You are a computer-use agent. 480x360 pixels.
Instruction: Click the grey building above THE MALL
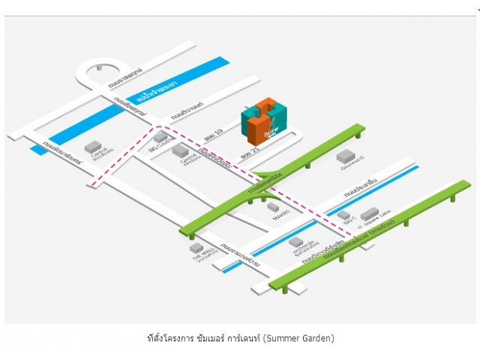pyautogui.click(x=196, y=246)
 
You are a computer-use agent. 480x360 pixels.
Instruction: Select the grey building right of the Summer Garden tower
pyautogui.click(x=346, y=156)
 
